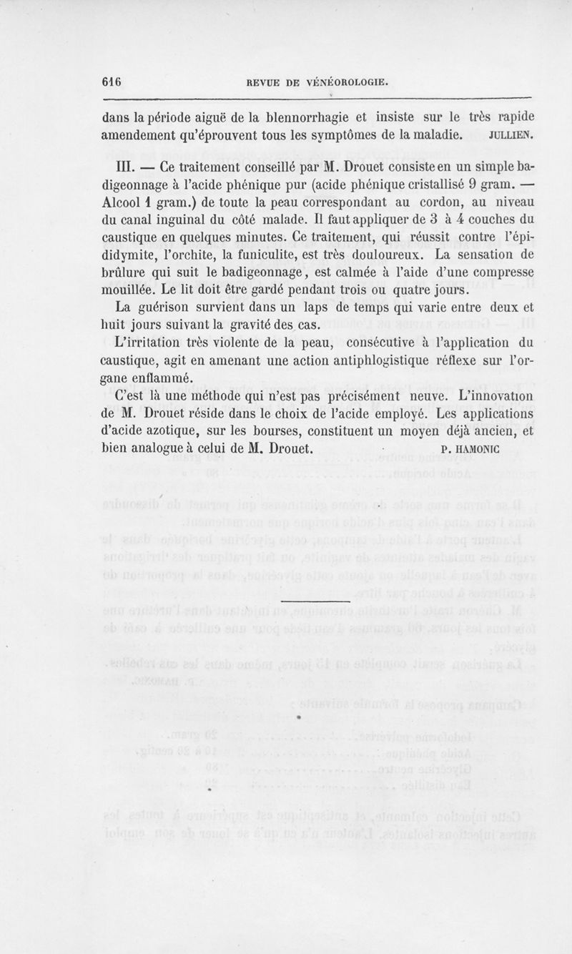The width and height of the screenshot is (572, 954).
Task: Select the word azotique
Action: click(x=178, y=432)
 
